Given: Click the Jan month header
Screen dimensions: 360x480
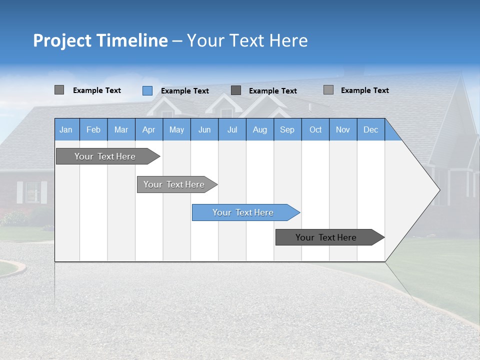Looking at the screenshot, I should click(66, 130).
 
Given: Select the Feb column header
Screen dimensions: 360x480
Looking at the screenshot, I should click(93, 130).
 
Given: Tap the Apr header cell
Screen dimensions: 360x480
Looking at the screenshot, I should click(148, 130).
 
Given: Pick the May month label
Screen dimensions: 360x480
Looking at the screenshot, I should click(176, 130).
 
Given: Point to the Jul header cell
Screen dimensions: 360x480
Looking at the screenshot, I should click(232, 130).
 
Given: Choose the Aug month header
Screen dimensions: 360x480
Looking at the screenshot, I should click(259, 130).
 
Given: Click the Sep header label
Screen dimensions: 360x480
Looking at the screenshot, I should click(287, 130).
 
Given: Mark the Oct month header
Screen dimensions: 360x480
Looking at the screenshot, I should click(315, 130).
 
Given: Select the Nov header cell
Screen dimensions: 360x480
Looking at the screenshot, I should click(343, 130).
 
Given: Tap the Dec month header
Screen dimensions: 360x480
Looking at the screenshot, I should click(370, 130).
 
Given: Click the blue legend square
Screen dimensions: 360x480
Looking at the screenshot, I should click(147, 90).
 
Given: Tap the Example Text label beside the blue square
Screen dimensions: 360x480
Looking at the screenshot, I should click(185, 91).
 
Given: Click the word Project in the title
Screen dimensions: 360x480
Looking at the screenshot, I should click(62, 40).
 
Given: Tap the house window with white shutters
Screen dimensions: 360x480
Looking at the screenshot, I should click(32, 192).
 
